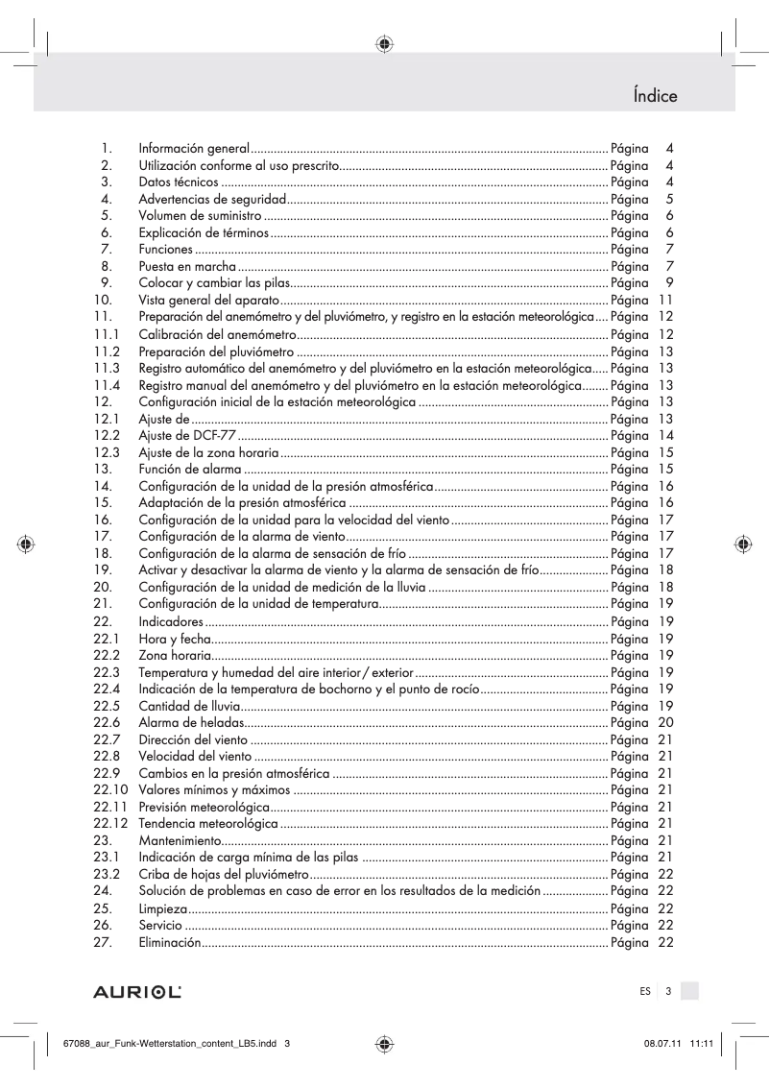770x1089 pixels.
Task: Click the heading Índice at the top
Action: point(655,95)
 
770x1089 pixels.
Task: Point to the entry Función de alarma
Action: point(189,469)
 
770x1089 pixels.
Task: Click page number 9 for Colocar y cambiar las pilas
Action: point(669,283)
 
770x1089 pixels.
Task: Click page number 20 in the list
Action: point(665,722)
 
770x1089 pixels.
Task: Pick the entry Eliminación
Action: point(170,942)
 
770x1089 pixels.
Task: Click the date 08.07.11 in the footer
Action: point(654,1045)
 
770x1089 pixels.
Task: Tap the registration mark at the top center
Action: point(384,43)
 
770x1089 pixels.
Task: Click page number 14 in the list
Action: point(665,435)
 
